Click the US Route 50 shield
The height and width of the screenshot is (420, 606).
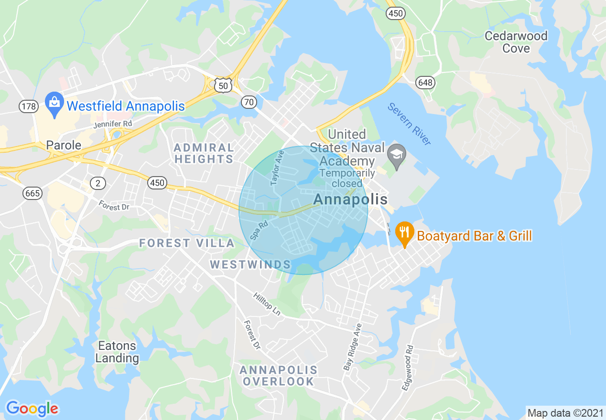click(223, 85)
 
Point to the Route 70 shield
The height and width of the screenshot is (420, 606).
click(249, 102)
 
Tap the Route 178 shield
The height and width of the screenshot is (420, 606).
click(29, 106)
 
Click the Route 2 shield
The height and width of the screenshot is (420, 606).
click(97, 182)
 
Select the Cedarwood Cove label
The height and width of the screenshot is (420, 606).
click(516, 42)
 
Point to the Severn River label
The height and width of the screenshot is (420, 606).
click(409, 124)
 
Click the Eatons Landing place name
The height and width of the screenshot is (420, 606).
click(117, 352)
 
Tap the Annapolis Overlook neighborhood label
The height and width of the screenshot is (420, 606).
click(278, 376)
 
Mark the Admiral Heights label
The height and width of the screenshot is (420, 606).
click(204, 153)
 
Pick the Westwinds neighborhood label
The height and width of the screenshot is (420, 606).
click(250, 264)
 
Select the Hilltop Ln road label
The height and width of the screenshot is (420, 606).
click(267, 304)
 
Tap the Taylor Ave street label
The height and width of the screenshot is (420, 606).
click(277, 168)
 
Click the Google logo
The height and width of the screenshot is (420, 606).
click(32, 409)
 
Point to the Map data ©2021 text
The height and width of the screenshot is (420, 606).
click(564, 413)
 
